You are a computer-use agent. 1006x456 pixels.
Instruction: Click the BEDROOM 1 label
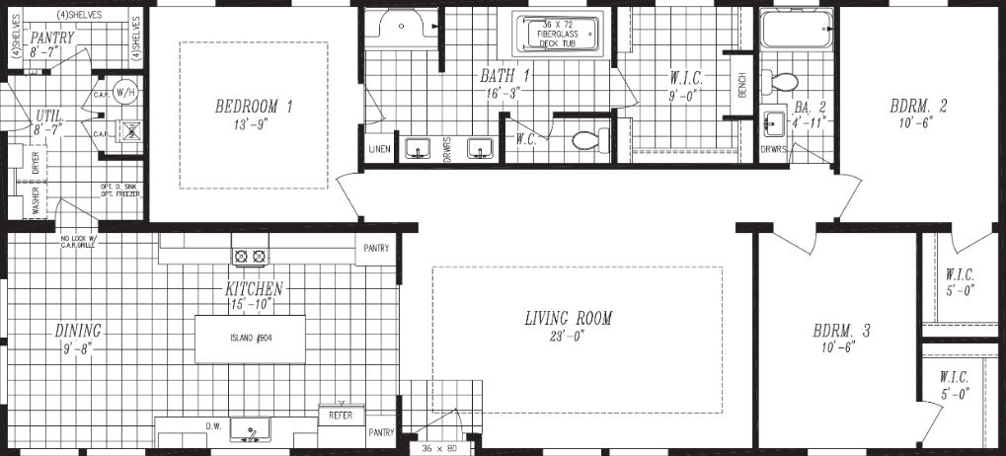coord(254,107)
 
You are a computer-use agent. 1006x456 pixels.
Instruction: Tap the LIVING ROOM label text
coord(568,319)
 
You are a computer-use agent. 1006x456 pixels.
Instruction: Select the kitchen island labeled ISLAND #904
coord(250,340)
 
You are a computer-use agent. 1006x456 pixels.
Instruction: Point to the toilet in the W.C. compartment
coord(586,141)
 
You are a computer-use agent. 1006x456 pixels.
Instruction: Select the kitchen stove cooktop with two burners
coord(250,257)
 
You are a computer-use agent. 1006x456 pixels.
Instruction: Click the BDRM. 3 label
coord(841,332)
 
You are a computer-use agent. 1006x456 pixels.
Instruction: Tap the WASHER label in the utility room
coord(37,202)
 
